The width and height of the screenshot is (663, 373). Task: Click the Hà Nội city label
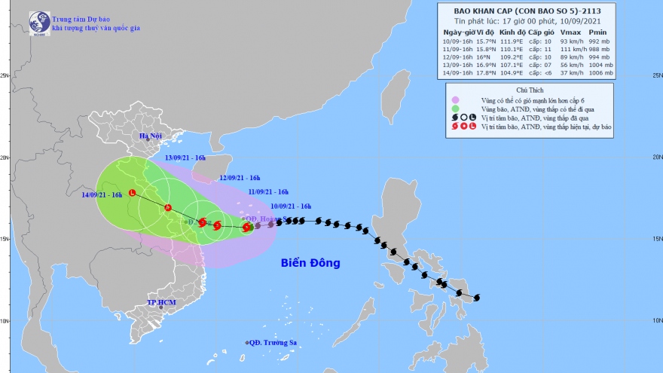tap(151, 136)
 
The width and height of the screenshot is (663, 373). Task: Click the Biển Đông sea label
tap(310, 263)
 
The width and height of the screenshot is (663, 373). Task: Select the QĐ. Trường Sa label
tap(274, 343)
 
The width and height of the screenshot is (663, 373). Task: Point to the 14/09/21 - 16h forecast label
tap(102, 195)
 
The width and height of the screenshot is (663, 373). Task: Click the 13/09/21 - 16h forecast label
tap(185, 158)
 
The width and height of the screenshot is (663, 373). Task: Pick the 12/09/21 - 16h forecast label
tap(240, 178)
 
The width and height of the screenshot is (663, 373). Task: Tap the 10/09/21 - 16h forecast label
tap(291, 206)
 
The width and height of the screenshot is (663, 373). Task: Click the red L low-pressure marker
tap(133, 192)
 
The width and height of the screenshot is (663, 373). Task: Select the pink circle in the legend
tap(455, 99)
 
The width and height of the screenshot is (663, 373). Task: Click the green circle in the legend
tap(455, 109)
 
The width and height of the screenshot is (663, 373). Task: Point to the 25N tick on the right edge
tap(656, 76)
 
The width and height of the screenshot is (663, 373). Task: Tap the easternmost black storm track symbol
tap(475, 298)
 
